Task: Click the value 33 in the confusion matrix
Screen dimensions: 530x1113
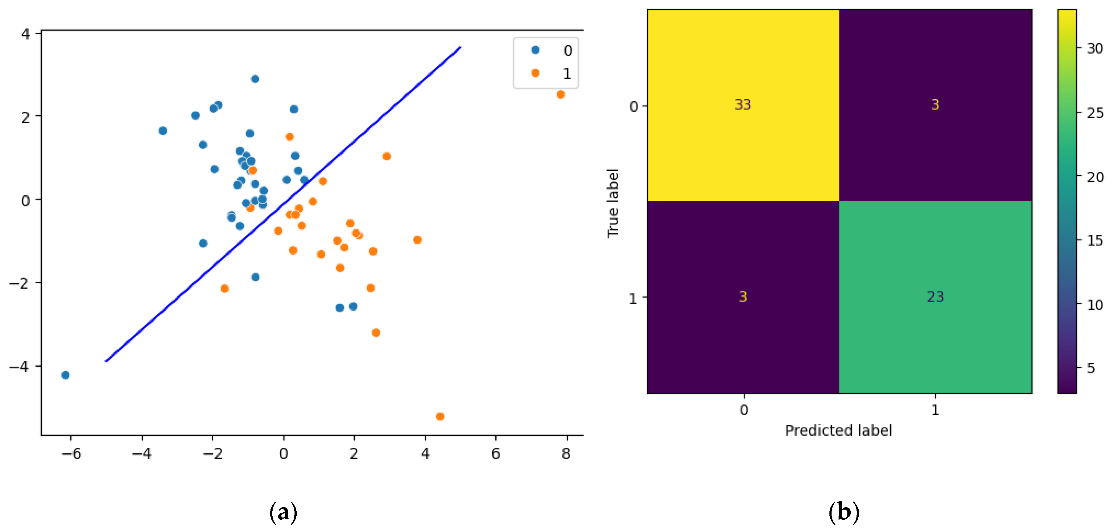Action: point(742,105)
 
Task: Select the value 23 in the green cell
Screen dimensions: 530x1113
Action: point(935,297)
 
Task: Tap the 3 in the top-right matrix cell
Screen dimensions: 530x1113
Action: point(935,105)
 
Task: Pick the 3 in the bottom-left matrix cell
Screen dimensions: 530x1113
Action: point(742,297)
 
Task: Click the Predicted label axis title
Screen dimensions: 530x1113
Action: point(838,430)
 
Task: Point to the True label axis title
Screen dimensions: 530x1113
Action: point(613,203)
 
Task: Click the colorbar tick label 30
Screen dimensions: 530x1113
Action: point(1095,49)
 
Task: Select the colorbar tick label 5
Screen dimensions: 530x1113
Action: point(1091,368)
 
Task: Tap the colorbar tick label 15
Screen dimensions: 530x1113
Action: point(1095,241)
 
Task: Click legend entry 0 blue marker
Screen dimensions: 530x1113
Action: point(535,50)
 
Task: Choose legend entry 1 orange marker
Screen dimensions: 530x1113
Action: point(535,73)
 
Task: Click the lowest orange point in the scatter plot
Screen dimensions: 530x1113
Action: point(440,417)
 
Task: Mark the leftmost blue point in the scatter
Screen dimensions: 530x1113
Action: point(65,375)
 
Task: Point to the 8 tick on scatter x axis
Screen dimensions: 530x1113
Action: point(566,454)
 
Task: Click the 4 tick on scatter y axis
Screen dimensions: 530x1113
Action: point(26,34)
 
